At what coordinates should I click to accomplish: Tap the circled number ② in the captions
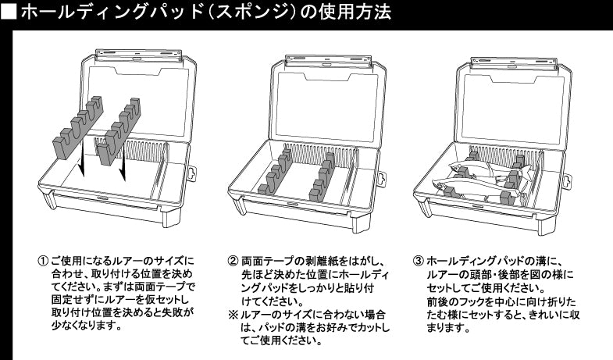click(233, 261)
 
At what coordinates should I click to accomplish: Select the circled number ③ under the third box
click(419, 261)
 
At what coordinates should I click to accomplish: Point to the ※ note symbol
click(233, 314)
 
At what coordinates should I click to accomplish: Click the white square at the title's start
click(9, 12)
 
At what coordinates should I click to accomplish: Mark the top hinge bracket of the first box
click(137, 55)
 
